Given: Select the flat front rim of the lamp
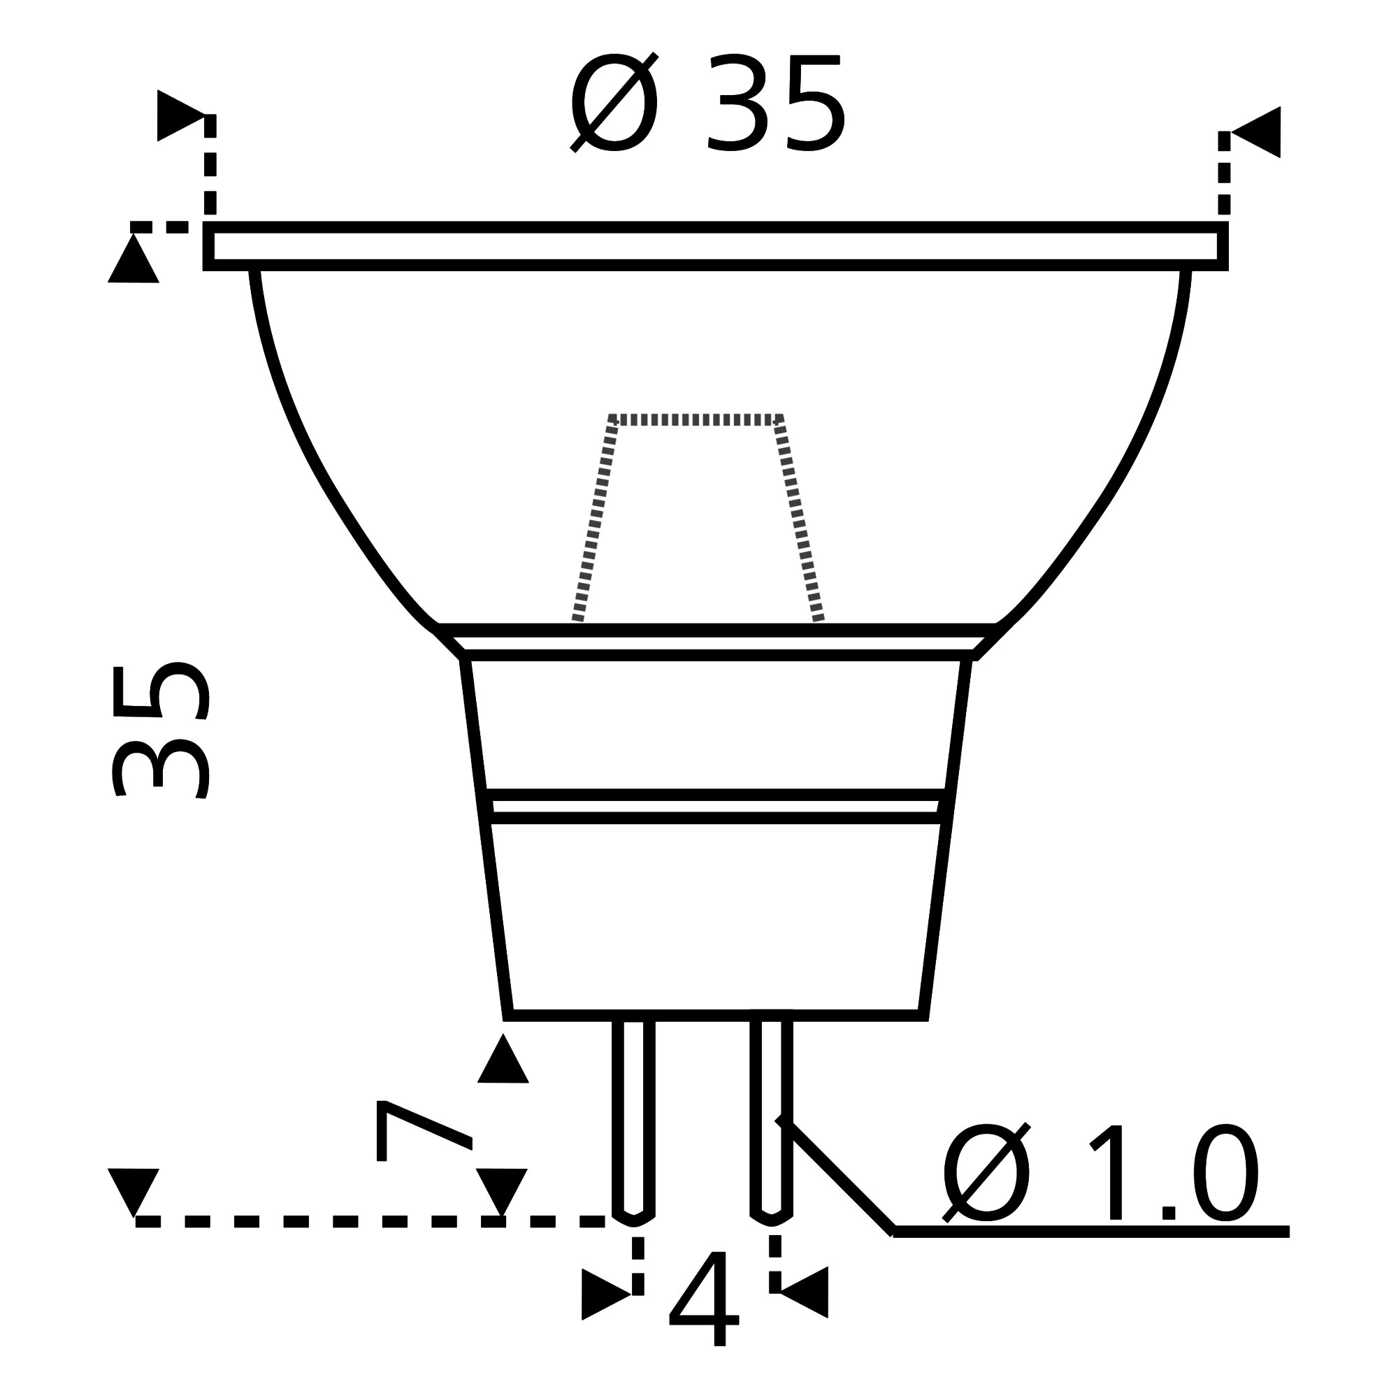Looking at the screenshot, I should pyautogui.click(x=715, y=246).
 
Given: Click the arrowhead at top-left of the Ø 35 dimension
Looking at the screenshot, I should pyautogui.click(x=177, y=116).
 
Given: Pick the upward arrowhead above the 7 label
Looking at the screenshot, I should pyautogui.click(x=503, y=1062).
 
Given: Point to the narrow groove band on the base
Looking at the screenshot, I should pyautogui.click(x=715, y=807).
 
